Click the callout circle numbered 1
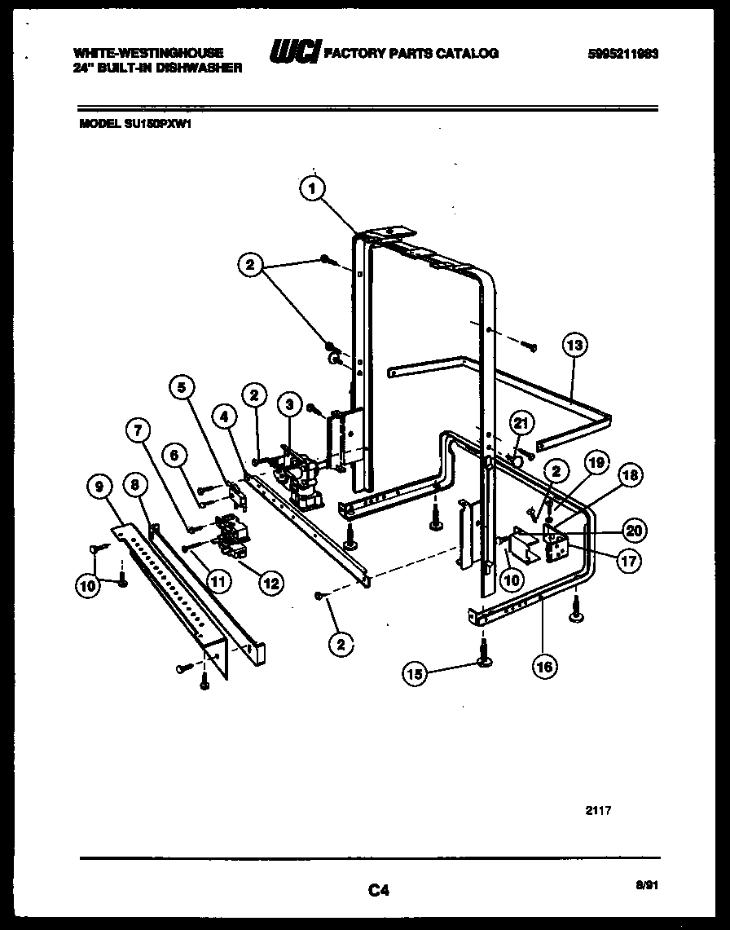312,189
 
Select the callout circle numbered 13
575,346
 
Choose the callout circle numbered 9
99,487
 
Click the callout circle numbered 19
596,463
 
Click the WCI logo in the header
295,53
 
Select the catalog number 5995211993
622,54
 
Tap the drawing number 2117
598,810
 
